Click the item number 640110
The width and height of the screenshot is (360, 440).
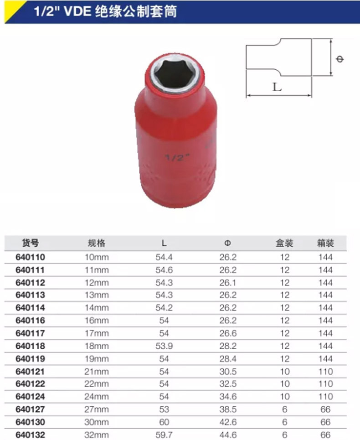pyautogui.click(x=30, y=257)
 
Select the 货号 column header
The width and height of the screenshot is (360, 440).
pyautogui.click(x=30, y=243)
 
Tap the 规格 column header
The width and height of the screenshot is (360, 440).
pyautogui.click(x=97, y=243)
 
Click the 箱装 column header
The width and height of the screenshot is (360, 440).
pyautogui.click(x=325, y=243)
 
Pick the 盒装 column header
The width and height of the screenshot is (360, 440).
pyautogui.click(x=284, y=243)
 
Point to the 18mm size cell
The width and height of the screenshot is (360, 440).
pyautogui.click(x=97, y=346)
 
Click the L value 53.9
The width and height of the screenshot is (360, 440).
pyautogui.click(x=164, y=346)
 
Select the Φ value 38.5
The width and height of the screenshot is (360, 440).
pyautogui.click(x=228, y=409)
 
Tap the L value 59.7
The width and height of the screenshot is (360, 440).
pyautogui.click(x=164, y=435)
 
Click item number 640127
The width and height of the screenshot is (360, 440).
pyautogui.click(x=30, y=409)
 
